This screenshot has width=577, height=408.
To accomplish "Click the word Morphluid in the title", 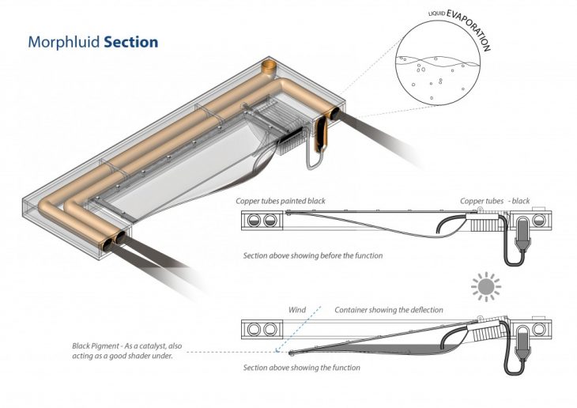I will tap(63, 40).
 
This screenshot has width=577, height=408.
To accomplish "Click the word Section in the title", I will tap(130, 40).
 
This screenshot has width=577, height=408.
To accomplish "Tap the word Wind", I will tap(298, 309).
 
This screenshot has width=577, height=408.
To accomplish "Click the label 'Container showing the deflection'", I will tap(388, 309).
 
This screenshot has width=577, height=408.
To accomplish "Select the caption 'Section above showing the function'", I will tap(301, 368).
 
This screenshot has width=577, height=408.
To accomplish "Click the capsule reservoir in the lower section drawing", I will tap(522, 346).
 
